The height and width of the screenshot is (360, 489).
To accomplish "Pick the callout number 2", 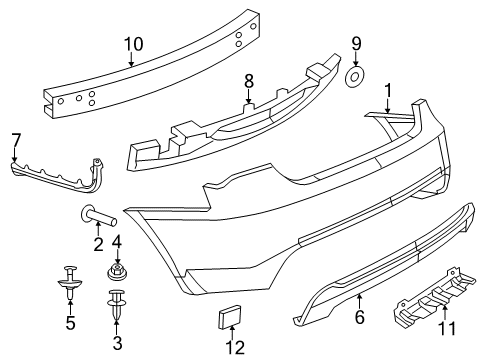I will pyautogui.click(x=98, y=245).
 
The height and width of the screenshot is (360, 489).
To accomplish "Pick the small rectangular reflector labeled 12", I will pyautogui.click(x=231, y=318).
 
